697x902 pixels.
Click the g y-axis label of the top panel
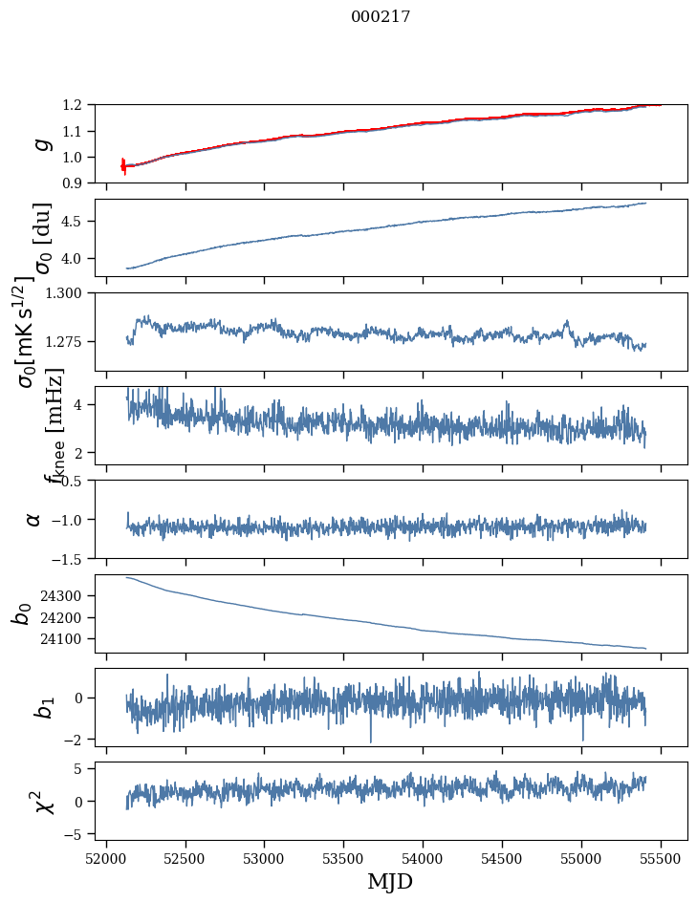pos(39,143)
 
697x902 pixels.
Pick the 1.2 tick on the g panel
pos(78,104)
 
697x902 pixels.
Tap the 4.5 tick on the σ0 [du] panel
pos(78,221)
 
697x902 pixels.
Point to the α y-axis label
pos(34,519)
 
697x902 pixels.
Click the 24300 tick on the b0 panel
pos(66,595)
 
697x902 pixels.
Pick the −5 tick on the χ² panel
pos(78,834)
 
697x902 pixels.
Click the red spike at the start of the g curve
pos(123,165)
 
